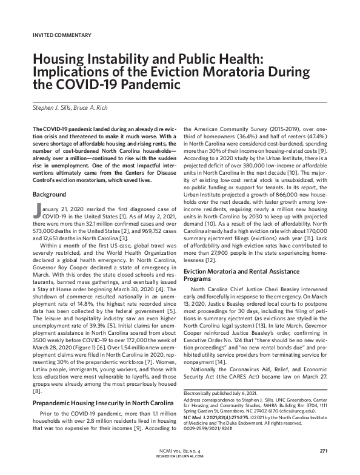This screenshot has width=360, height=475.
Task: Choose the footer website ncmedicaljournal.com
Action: [180, 458]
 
